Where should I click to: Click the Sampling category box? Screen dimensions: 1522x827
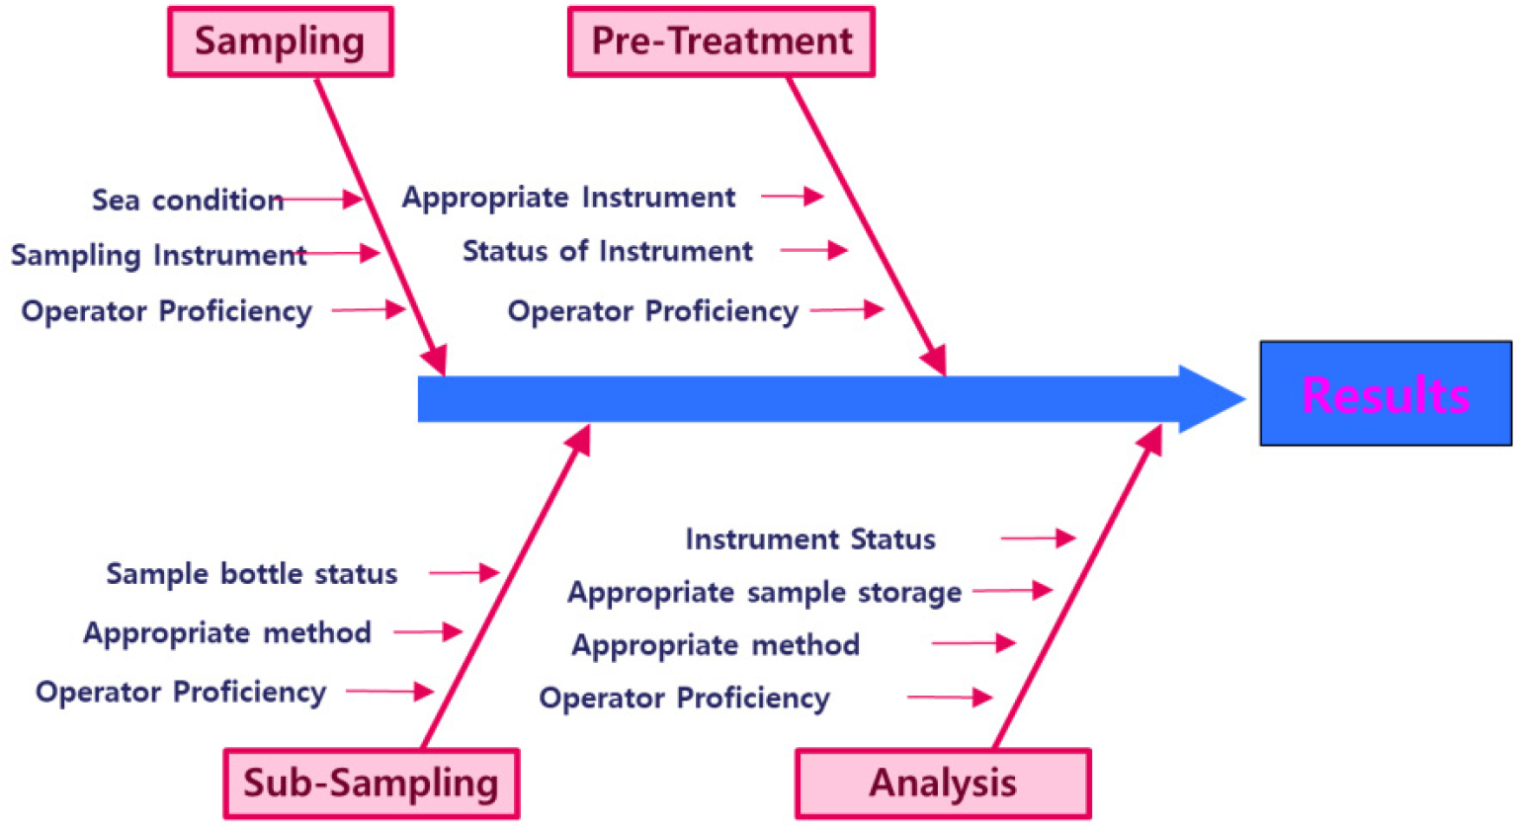point(280,41)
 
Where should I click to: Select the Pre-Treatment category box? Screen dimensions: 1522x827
point(720,41)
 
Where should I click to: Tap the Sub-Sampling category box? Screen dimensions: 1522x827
point(372,784)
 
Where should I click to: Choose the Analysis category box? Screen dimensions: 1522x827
point(943,784)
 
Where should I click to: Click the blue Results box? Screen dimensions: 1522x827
point(1386,393)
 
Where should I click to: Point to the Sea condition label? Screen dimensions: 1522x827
point(188,201)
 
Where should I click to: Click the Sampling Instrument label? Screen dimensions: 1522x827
point(158,256)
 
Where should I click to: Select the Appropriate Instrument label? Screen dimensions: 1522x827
point(568,198)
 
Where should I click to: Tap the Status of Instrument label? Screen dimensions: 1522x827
point(608,251)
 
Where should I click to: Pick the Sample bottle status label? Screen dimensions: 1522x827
point(251,574)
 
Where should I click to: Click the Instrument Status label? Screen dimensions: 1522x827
point(810,539)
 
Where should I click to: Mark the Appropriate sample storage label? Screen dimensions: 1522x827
point(764,593)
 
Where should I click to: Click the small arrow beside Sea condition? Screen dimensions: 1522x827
point(320,200)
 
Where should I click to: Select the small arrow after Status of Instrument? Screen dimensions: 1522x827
point(814,250)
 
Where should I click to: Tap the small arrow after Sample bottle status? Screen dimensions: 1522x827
point(465,573)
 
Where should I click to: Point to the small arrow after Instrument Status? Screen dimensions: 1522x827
point(1038,538)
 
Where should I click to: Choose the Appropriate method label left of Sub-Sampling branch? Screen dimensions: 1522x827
point(227,633)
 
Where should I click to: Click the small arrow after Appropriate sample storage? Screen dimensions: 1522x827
point(1013,590)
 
